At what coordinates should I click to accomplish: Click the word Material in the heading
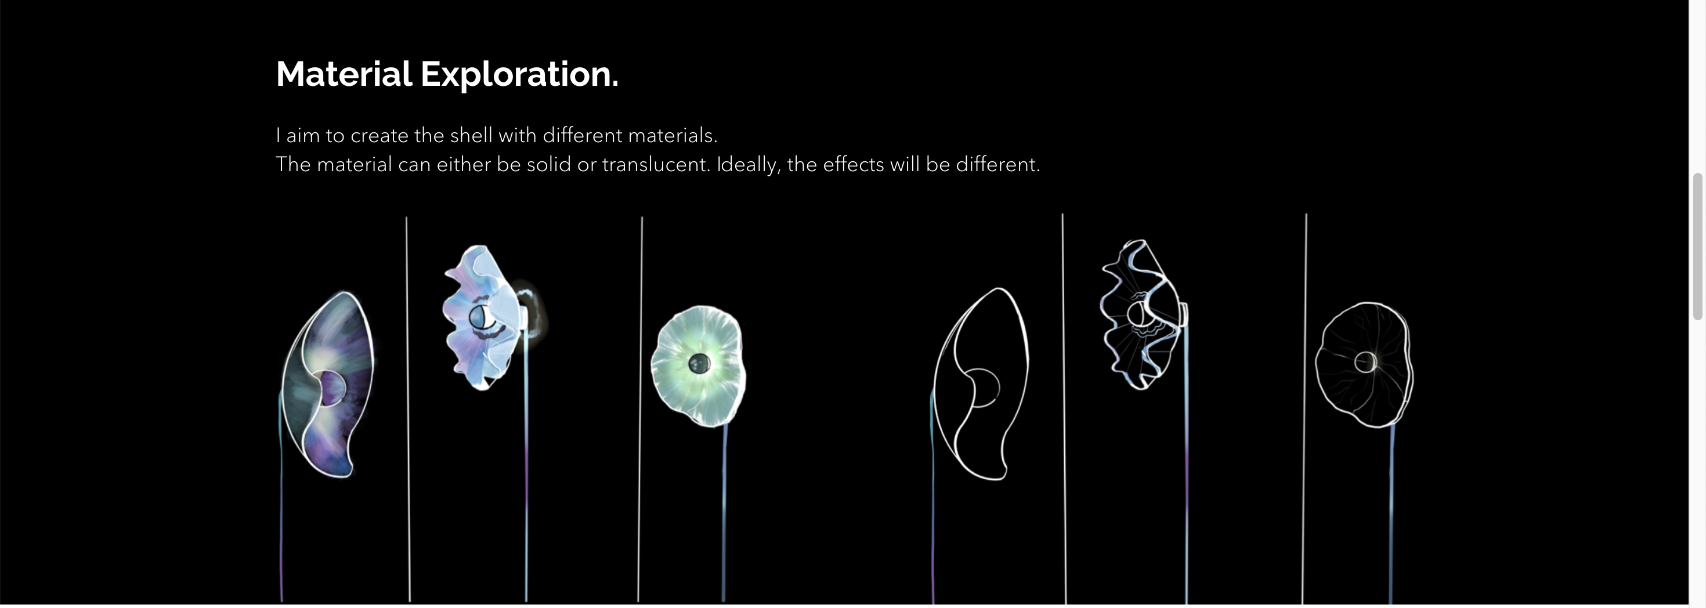(344, 74)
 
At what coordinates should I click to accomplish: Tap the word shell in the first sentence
(471, 135)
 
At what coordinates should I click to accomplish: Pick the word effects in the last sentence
(853, 164)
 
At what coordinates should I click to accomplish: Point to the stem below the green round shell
(724, 513)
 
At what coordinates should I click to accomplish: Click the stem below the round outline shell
(1391, 515)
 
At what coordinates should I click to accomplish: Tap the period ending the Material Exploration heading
(615, 85)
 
